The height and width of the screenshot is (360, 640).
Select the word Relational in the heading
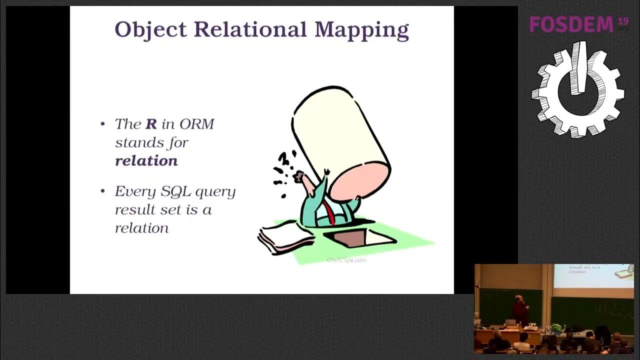[x=250, y=29]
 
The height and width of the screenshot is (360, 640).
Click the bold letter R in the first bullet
[x=151, y=124]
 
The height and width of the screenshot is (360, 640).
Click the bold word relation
[x=146, y=160]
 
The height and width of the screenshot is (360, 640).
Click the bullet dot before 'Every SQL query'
[x=103, y=191]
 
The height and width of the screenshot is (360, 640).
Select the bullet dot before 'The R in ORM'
[x=103, y=124]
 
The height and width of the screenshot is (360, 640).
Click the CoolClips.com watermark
[x=346, y=259]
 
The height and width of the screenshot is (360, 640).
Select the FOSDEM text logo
[x=571, y=24]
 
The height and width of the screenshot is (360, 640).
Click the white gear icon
[x=578, y=90]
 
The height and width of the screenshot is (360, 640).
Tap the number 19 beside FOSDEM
[x=622, y=20]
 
